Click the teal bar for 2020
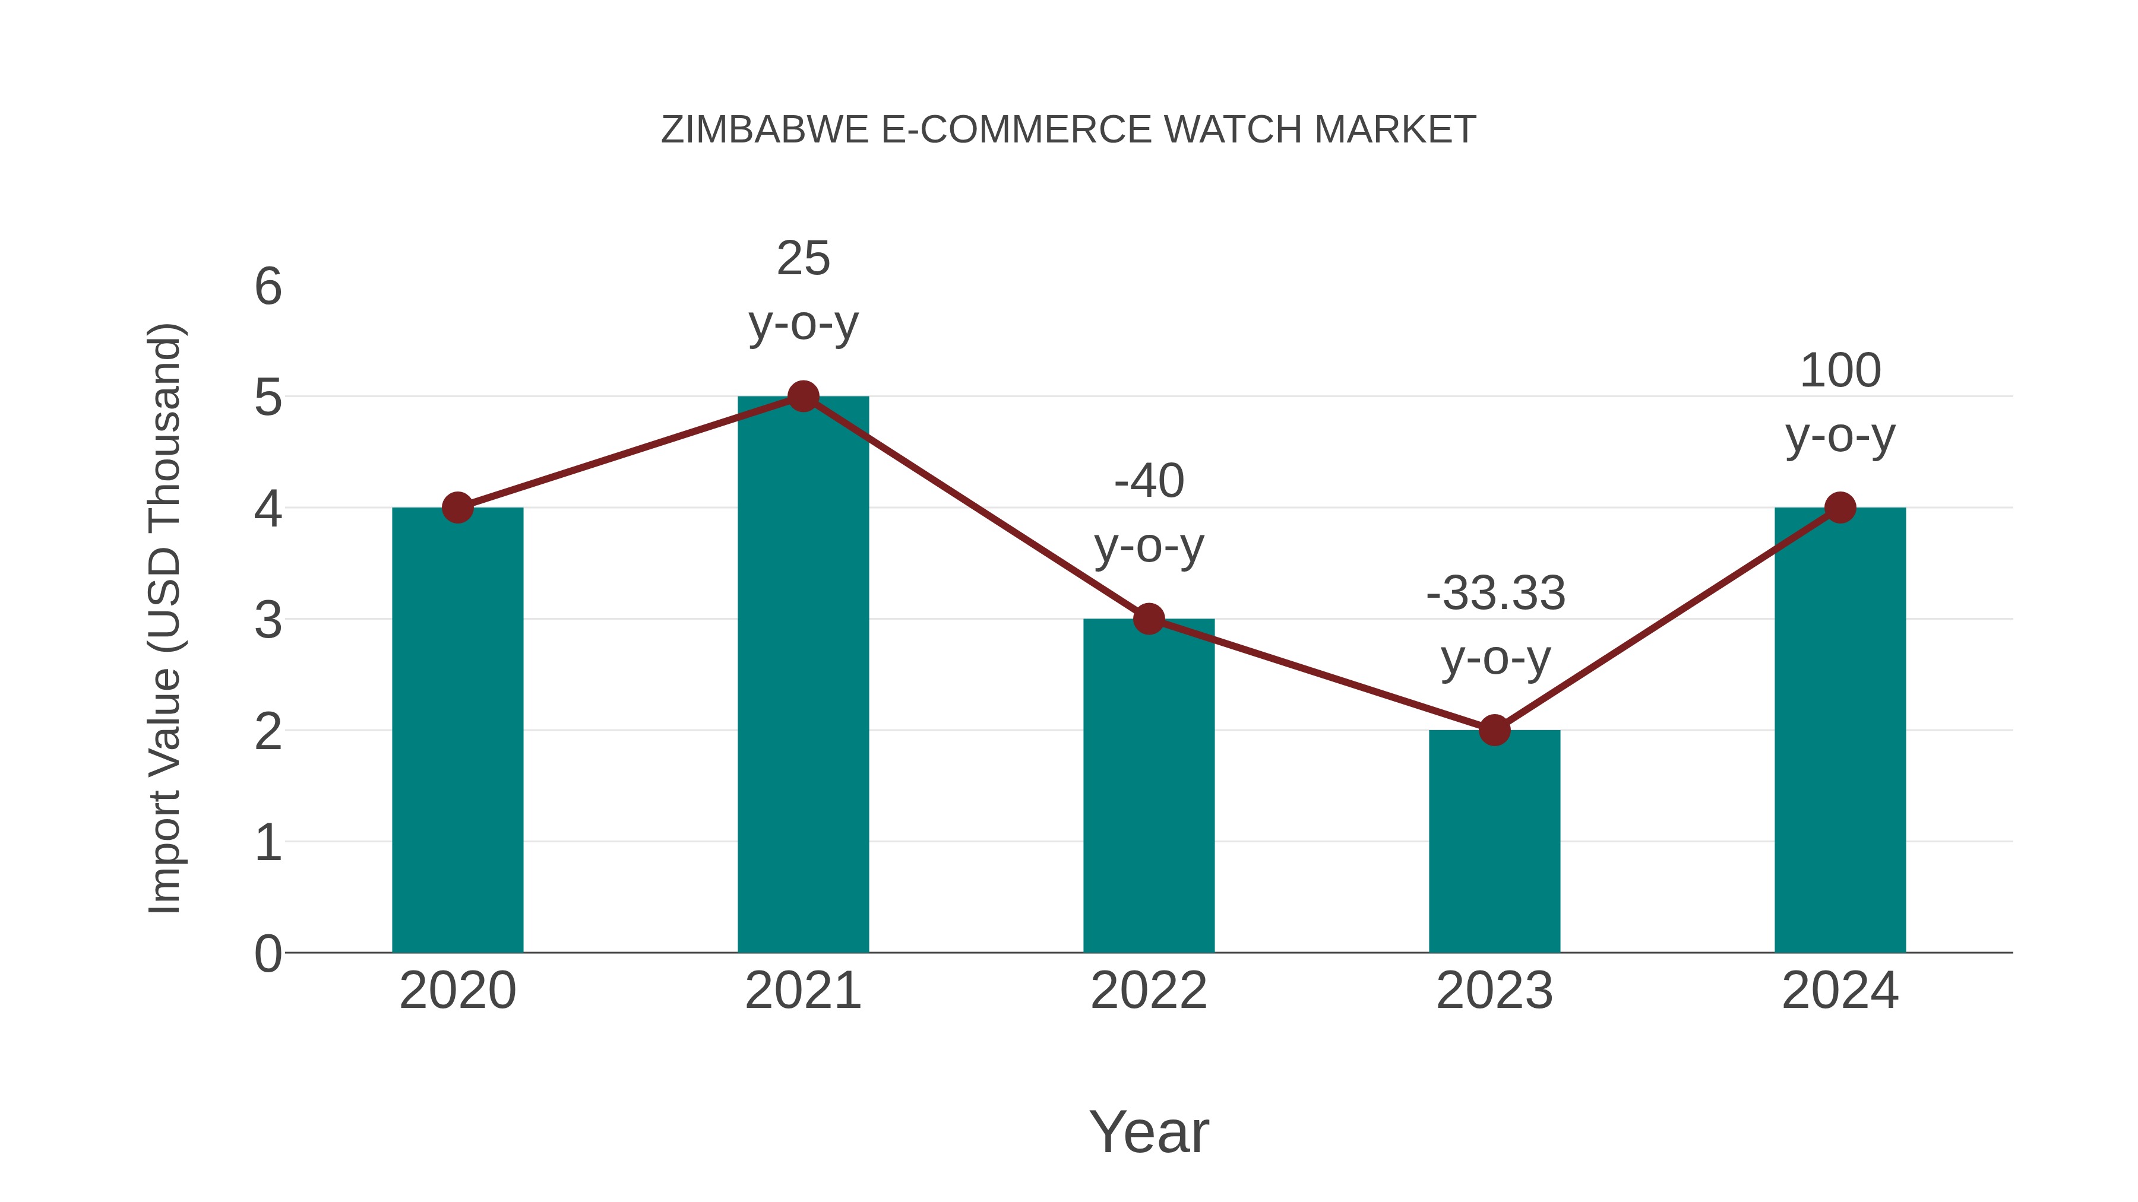[x=457, y=730]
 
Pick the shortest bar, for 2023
[x=1494, y=841]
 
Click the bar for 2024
[x=1840, y=730]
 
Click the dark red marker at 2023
[x=1494, y=730]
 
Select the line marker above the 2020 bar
[x=457, y=508]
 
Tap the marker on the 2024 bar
[x=1840, y=508]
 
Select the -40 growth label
[x=1149, y=481]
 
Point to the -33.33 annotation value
[x=1495, y=593]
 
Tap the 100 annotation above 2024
[x=1840, y=370]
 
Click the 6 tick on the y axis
[x=268, y=287]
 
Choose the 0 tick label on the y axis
[x=268, y=953]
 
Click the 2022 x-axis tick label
[x=1149, y=991]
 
